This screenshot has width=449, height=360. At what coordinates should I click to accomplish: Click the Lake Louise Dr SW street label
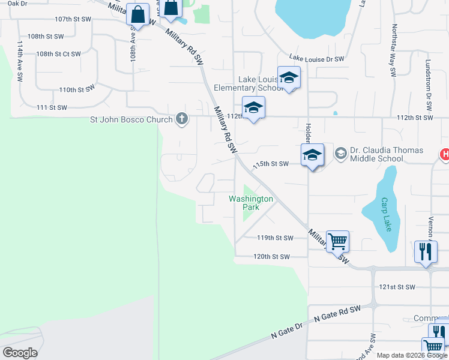click(316, 59)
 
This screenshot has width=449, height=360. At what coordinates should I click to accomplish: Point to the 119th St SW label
click(274, 238)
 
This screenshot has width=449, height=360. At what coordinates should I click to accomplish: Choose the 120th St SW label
click(271, 257)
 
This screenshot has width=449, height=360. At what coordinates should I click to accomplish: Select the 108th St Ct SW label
click(58, 54)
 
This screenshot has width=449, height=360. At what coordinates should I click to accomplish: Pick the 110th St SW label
click(77, 89)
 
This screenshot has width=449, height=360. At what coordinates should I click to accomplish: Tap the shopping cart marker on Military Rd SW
click(337, 241)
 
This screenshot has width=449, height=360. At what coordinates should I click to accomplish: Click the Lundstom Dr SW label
click(429, 84)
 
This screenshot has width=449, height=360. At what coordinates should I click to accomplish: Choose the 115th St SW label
click(271, 164)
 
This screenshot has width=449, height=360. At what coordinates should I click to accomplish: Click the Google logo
click(20, 353)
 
